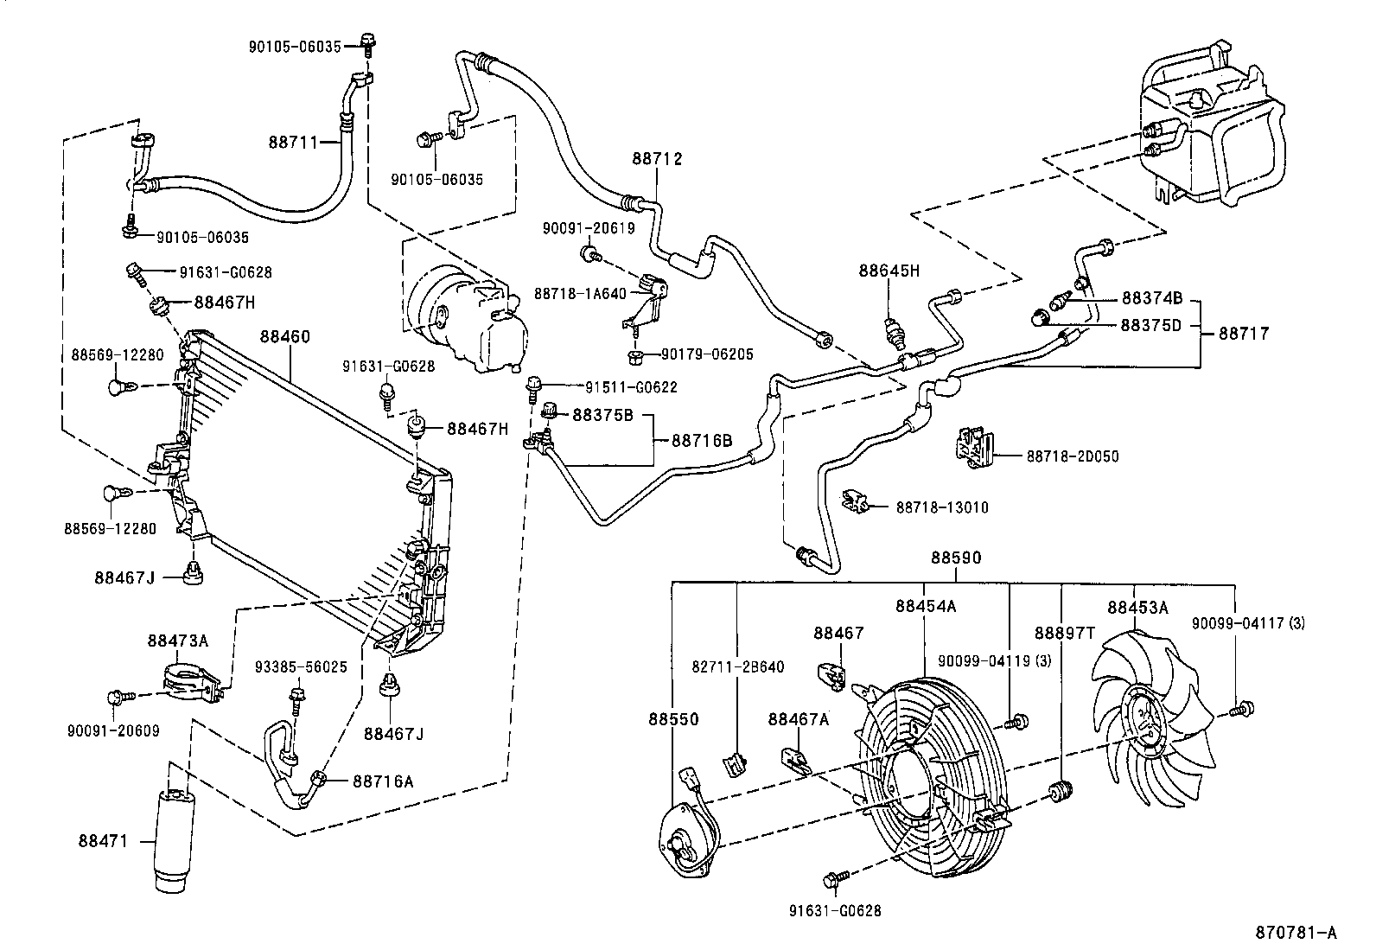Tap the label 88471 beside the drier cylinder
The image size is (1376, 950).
104,839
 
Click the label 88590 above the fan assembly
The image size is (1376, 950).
955,558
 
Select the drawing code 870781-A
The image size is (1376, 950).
1296,933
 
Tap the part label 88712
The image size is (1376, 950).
657,159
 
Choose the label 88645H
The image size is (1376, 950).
889,271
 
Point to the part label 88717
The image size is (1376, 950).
1244,332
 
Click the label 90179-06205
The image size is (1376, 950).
707,354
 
